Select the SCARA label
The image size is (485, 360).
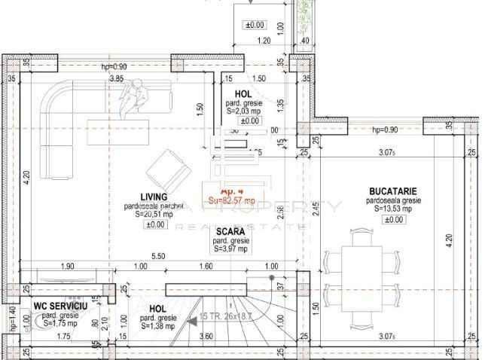coord(227,231)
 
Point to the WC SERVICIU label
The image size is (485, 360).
coord(60,307)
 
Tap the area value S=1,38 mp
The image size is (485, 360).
coord(157,326)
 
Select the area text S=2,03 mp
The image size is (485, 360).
coord(242,111)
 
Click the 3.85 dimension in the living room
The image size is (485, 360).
coord(117,78)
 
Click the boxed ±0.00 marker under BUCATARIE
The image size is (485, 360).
coord(393,220)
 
